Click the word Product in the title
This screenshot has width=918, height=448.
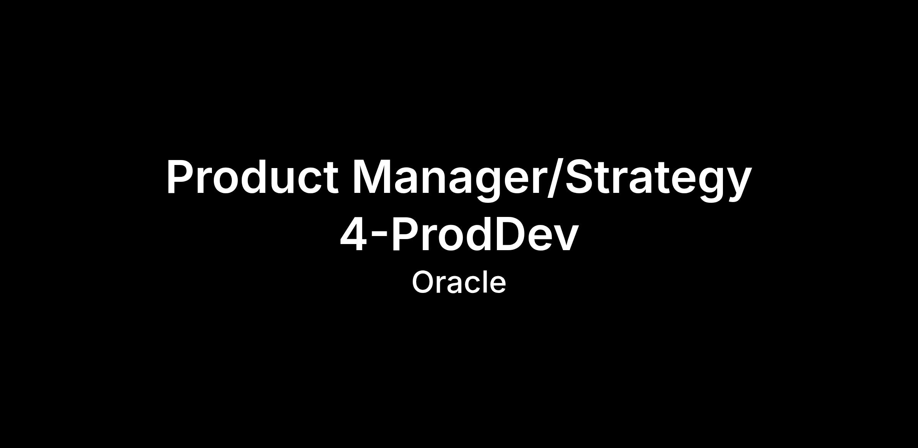[x=252, y=177]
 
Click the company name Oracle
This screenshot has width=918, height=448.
[x=459, y=282]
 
